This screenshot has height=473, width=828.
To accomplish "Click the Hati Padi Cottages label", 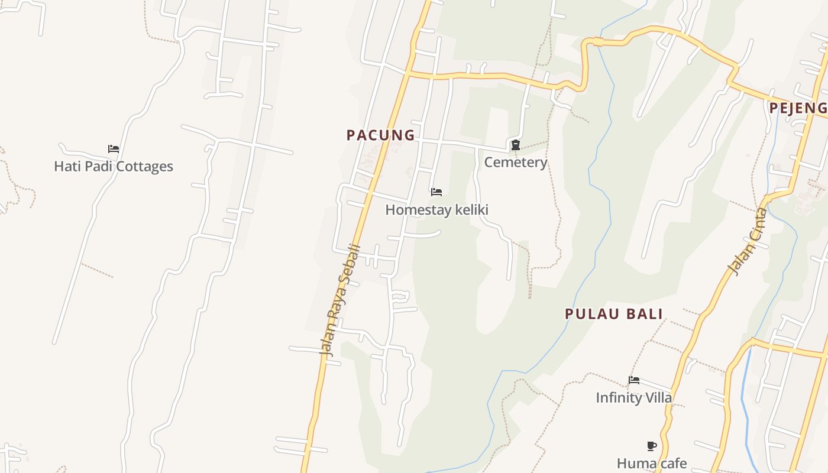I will click(x=114, y=166).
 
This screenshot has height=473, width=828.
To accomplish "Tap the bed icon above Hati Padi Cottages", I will click(x=114, y=148).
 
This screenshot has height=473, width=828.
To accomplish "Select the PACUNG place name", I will click(x=381, y=135).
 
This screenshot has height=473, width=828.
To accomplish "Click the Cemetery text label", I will click(x=516, y=162).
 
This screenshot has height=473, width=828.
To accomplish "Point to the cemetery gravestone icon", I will click(x=516, y=145).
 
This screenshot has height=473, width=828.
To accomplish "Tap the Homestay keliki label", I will click(x=436, y=209).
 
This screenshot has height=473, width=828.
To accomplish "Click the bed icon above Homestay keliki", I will click(x=436, y=192).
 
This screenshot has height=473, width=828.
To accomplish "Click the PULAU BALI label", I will click(x=614, y=314).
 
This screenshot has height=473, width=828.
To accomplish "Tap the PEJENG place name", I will click(x=798, y=108).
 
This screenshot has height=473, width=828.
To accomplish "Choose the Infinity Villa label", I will click(x=634, y=397).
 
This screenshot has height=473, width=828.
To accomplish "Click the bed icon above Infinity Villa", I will click(x=634, y=380).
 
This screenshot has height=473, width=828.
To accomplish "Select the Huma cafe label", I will click(x=652, y=463).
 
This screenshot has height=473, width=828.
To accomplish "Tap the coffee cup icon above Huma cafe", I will click(x=652, y=446).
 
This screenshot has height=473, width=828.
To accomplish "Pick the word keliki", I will click(x=471, y=209).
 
